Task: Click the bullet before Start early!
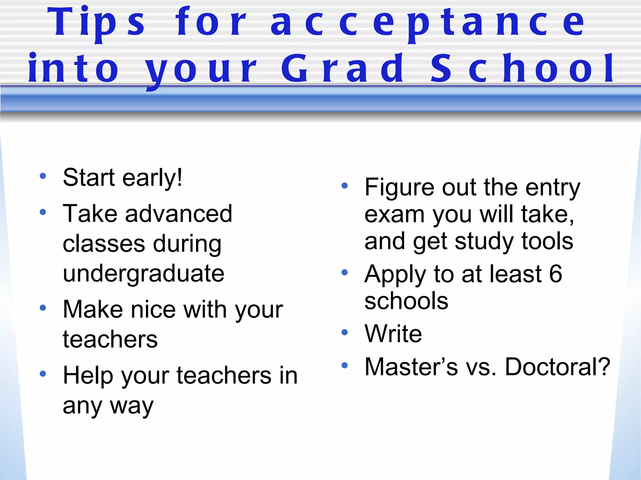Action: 43,176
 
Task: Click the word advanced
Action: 179,214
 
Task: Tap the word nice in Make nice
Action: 153,310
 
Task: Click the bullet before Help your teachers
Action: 43,373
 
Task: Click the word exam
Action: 394,215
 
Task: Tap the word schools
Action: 406,301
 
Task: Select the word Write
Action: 393,334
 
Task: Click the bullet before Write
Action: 345,332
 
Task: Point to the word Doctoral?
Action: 557,367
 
